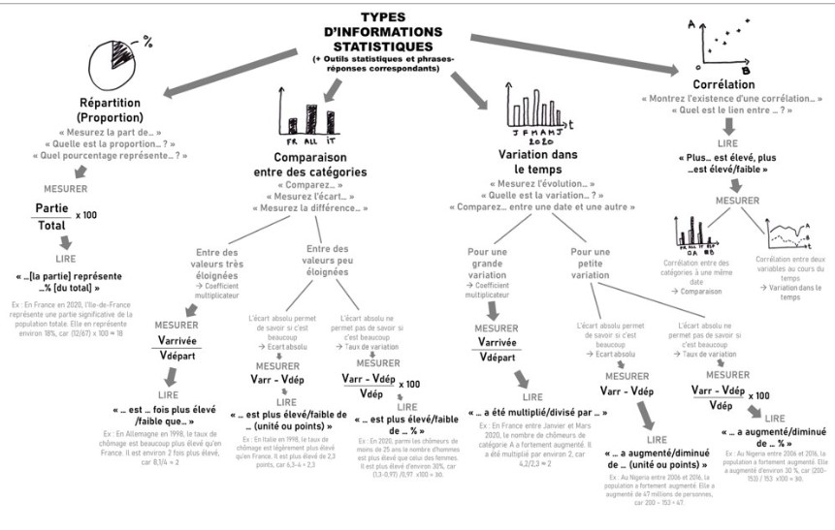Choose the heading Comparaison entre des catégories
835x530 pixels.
[x=304, y=163]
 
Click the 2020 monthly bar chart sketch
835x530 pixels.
[x=530, y=117]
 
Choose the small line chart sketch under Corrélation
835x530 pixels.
[x=787, y=234]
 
